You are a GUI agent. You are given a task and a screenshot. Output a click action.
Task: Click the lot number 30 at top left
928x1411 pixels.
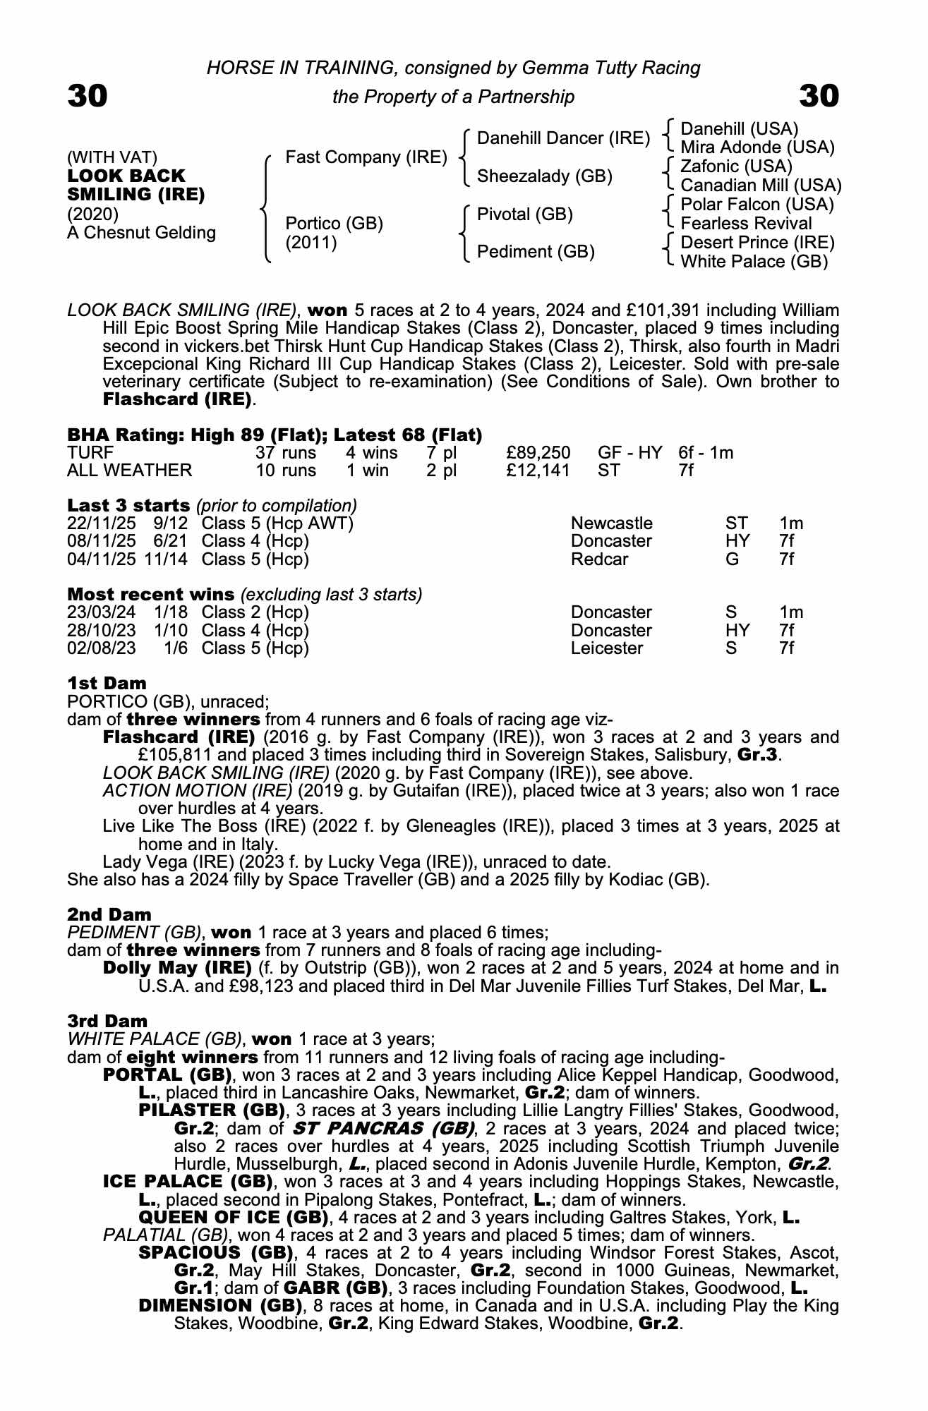click(88, 96)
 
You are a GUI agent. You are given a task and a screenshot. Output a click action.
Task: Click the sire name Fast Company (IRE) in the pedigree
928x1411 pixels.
click(366, 157)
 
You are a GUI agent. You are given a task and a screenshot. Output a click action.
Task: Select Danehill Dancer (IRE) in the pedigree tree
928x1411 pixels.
click(563, 138)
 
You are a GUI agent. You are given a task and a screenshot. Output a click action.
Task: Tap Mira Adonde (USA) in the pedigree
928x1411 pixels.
click(757, 147)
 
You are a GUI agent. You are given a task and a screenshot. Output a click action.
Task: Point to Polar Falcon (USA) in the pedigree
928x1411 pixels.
click(757, 205)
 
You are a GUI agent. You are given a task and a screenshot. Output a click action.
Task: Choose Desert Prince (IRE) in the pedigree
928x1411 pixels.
click(757, 243)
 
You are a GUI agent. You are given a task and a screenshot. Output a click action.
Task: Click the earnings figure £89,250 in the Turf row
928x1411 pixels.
click(538, 452)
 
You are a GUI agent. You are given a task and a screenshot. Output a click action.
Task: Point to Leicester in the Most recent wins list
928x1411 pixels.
click(607, 648)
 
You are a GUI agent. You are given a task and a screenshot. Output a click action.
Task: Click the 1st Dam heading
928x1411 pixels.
click(107, 683)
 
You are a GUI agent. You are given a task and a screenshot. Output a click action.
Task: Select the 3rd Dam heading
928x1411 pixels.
click(107, 1021)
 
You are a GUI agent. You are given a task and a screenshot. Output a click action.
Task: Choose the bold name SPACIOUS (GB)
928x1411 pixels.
click(216, 1252)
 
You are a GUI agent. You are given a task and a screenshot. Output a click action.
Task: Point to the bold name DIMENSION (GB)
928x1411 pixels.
click(221, 1305)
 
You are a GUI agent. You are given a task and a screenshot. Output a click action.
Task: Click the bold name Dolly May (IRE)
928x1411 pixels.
click(177, 967)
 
